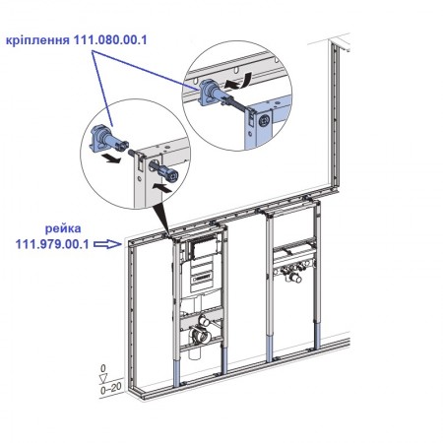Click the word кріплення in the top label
tap(37, 40)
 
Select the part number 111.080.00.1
tap(110, 40)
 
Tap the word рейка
tap(63, 228)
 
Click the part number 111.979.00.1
tap(52, 244)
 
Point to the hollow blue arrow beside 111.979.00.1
tap(107, 244)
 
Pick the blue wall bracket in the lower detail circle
tap(108, 139)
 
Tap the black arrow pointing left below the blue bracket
tap(111, 159)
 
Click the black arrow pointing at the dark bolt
tap(161, 188)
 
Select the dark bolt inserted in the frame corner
tap(163, 171)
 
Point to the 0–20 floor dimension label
tap(111, 389)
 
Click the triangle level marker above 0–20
tap(103, 378)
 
